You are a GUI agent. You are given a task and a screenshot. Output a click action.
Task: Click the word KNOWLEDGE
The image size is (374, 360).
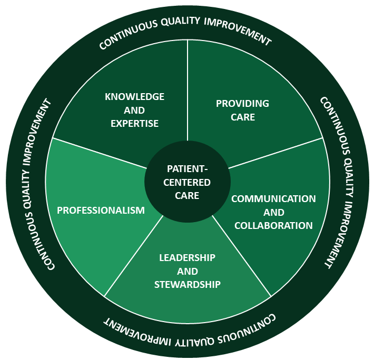(134, 97)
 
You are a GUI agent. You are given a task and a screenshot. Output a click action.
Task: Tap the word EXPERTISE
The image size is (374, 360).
(134, 124)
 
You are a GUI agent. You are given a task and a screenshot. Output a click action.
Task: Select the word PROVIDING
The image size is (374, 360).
(242, 103)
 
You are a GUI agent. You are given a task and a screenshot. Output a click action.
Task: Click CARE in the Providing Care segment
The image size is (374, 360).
(242, 117)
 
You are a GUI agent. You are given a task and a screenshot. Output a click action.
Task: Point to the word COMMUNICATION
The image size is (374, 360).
(273, 199)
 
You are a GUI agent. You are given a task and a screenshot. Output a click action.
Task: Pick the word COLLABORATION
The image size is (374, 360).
(273, 226)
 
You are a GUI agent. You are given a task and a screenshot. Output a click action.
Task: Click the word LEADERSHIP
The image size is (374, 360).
(187, 258)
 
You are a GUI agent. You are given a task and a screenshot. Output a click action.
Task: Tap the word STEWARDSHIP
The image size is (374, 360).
(187, 285)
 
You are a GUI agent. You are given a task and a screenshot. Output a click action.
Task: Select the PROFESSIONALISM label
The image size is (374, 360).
(101, 211)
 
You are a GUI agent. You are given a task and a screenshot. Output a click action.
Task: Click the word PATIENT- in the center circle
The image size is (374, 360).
(187, 169)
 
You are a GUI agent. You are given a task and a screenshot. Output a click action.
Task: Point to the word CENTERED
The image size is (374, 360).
(187, 182)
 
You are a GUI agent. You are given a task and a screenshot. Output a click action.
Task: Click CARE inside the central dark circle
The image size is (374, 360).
(187, 195)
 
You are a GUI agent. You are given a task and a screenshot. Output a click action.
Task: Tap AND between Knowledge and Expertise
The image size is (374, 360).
(134, 111)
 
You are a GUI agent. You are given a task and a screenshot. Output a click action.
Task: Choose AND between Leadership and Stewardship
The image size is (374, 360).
(187, 272)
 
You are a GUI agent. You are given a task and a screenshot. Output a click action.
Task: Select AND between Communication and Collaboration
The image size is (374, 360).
(273, 213)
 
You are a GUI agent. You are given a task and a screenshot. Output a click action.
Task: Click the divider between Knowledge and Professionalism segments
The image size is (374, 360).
(100, 153)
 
